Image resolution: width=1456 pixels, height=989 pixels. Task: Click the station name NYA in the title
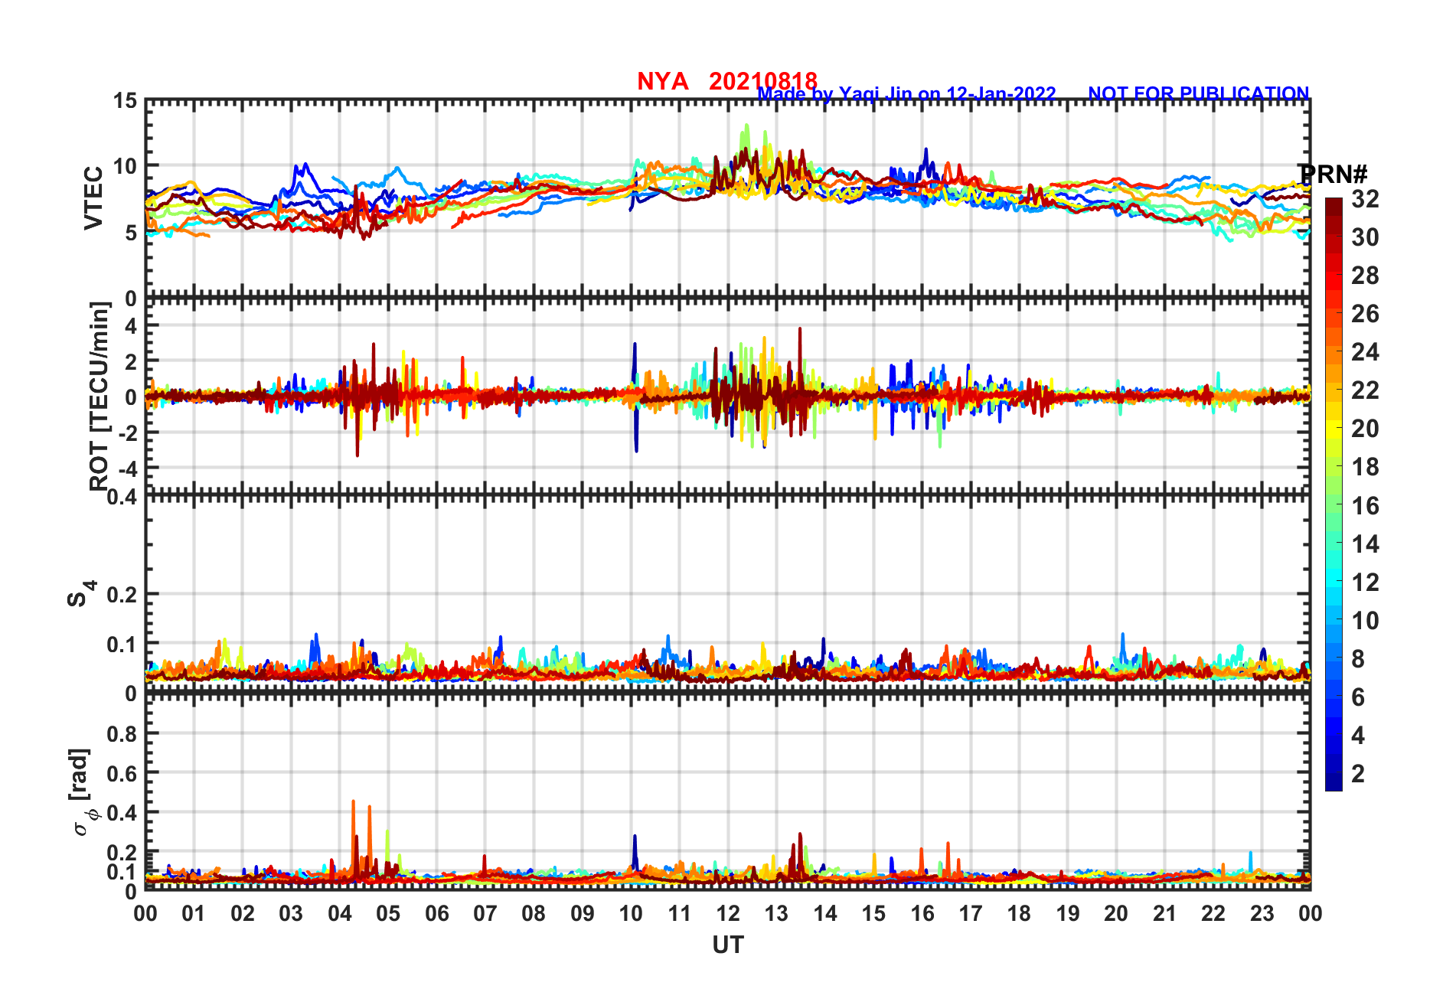pos(662,81)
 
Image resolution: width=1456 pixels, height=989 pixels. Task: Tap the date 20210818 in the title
pos(762,81)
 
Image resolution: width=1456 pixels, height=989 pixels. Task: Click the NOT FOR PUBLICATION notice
pos(1198,93)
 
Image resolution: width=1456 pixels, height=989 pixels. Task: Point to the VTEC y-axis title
pos(93,197)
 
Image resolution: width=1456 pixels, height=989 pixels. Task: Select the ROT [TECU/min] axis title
pos(100,396)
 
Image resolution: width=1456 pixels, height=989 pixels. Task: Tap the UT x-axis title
pos(727,945)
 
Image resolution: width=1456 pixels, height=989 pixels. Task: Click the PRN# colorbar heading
pos(1333,175)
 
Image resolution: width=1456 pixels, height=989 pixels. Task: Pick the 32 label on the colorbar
pos(1365,199)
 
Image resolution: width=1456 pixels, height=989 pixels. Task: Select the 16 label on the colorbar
pos(1365,505)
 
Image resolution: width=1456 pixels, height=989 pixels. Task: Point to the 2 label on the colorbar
pos(1358,773)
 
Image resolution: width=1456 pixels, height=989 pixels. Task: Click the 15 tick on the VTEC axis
pos(125,101)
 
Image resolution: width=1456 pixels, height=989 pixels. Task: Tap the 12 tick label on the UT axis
pos(728,913)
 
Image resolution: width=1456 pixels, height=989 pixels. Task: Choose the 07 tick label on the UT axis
pos(485,913)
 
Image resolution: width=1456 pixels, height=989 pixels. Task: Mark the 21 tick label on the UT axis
pos(1164,913)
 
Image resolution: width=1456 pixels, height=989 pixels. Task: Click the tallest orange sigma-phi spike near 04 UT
pos(353,802)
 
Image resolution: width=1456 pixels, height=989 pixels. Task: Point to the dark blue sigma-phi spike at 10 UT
pos(635,837)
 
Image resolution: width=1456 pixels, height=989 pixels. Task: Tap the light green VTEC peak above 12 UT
pos(746,126)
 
